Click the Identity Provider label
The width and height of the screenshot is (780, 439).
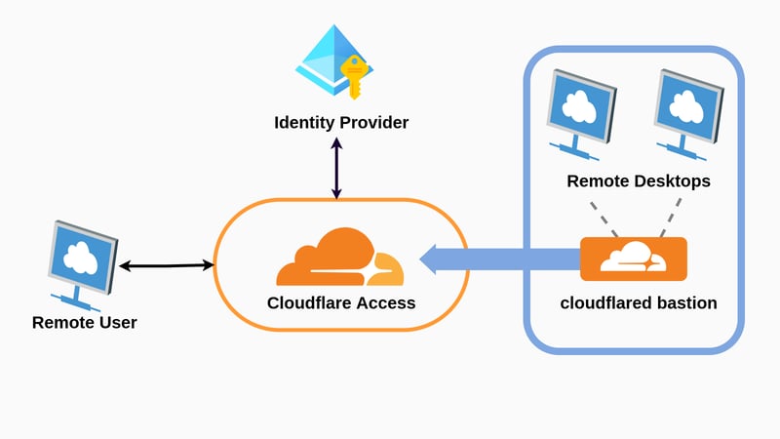(340, 123)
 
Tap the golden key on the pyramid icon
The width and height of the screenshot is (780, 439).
(353, 77)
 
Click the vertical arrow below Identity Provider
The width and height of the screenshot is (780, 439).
(337, 168)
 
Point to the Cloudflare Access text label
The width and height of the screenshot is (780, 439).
(341, 302)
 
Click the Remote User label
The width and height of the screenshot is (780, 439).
(85, 322)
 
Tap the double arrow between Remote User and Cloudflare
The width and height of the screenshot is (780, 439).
(166, 264)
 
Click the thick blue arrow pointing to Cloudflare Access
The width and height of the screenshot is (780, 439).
(497, 259)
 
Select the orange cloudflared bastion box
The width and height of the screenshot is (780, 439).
(633, 259)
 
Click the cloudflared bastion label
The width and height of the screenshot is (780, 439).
(638, 302)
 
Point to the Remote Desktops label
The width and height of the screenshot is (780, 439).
(638, 181)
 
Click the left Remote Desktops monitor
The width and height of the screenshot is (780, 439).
(580, 112)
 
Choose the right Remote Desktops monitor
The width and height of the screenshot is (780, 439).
(687, 112)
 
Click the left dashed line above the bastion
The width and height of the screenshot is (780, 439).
(603, 219)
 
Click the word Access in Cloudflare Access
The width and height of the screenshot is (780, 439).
(386, 302)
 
